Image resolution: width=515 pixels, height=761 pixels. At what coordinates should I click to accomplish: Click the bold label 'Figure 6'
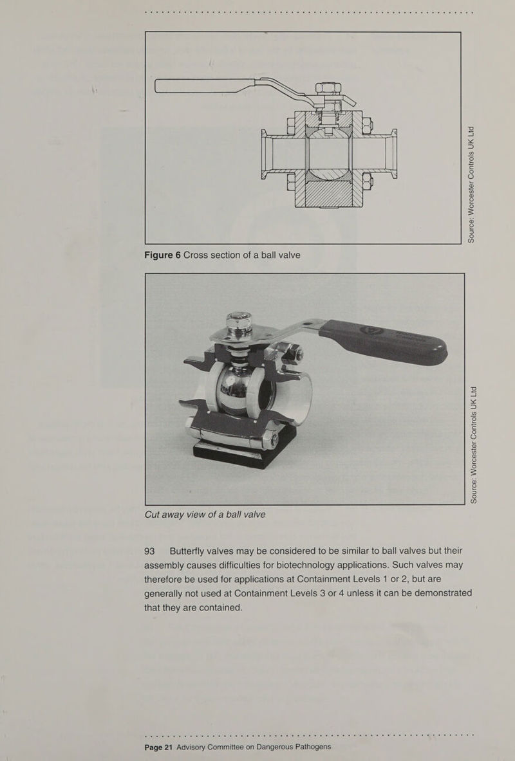(x=162, y=255)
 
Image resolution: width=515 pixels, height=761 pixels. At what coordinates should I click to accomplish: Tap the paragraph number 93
(x=150, y=551)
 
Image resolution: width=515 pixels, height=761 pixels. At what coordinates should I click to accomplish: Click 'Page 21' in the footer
(x=158, y=746)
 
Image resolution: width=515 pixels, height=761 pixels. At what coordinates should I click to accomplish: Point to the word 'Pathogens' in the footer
(x=308, y=746)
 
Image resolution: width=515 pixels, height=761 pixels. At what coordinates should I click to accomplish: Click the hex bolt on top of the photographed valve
(x=239, y=321)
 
